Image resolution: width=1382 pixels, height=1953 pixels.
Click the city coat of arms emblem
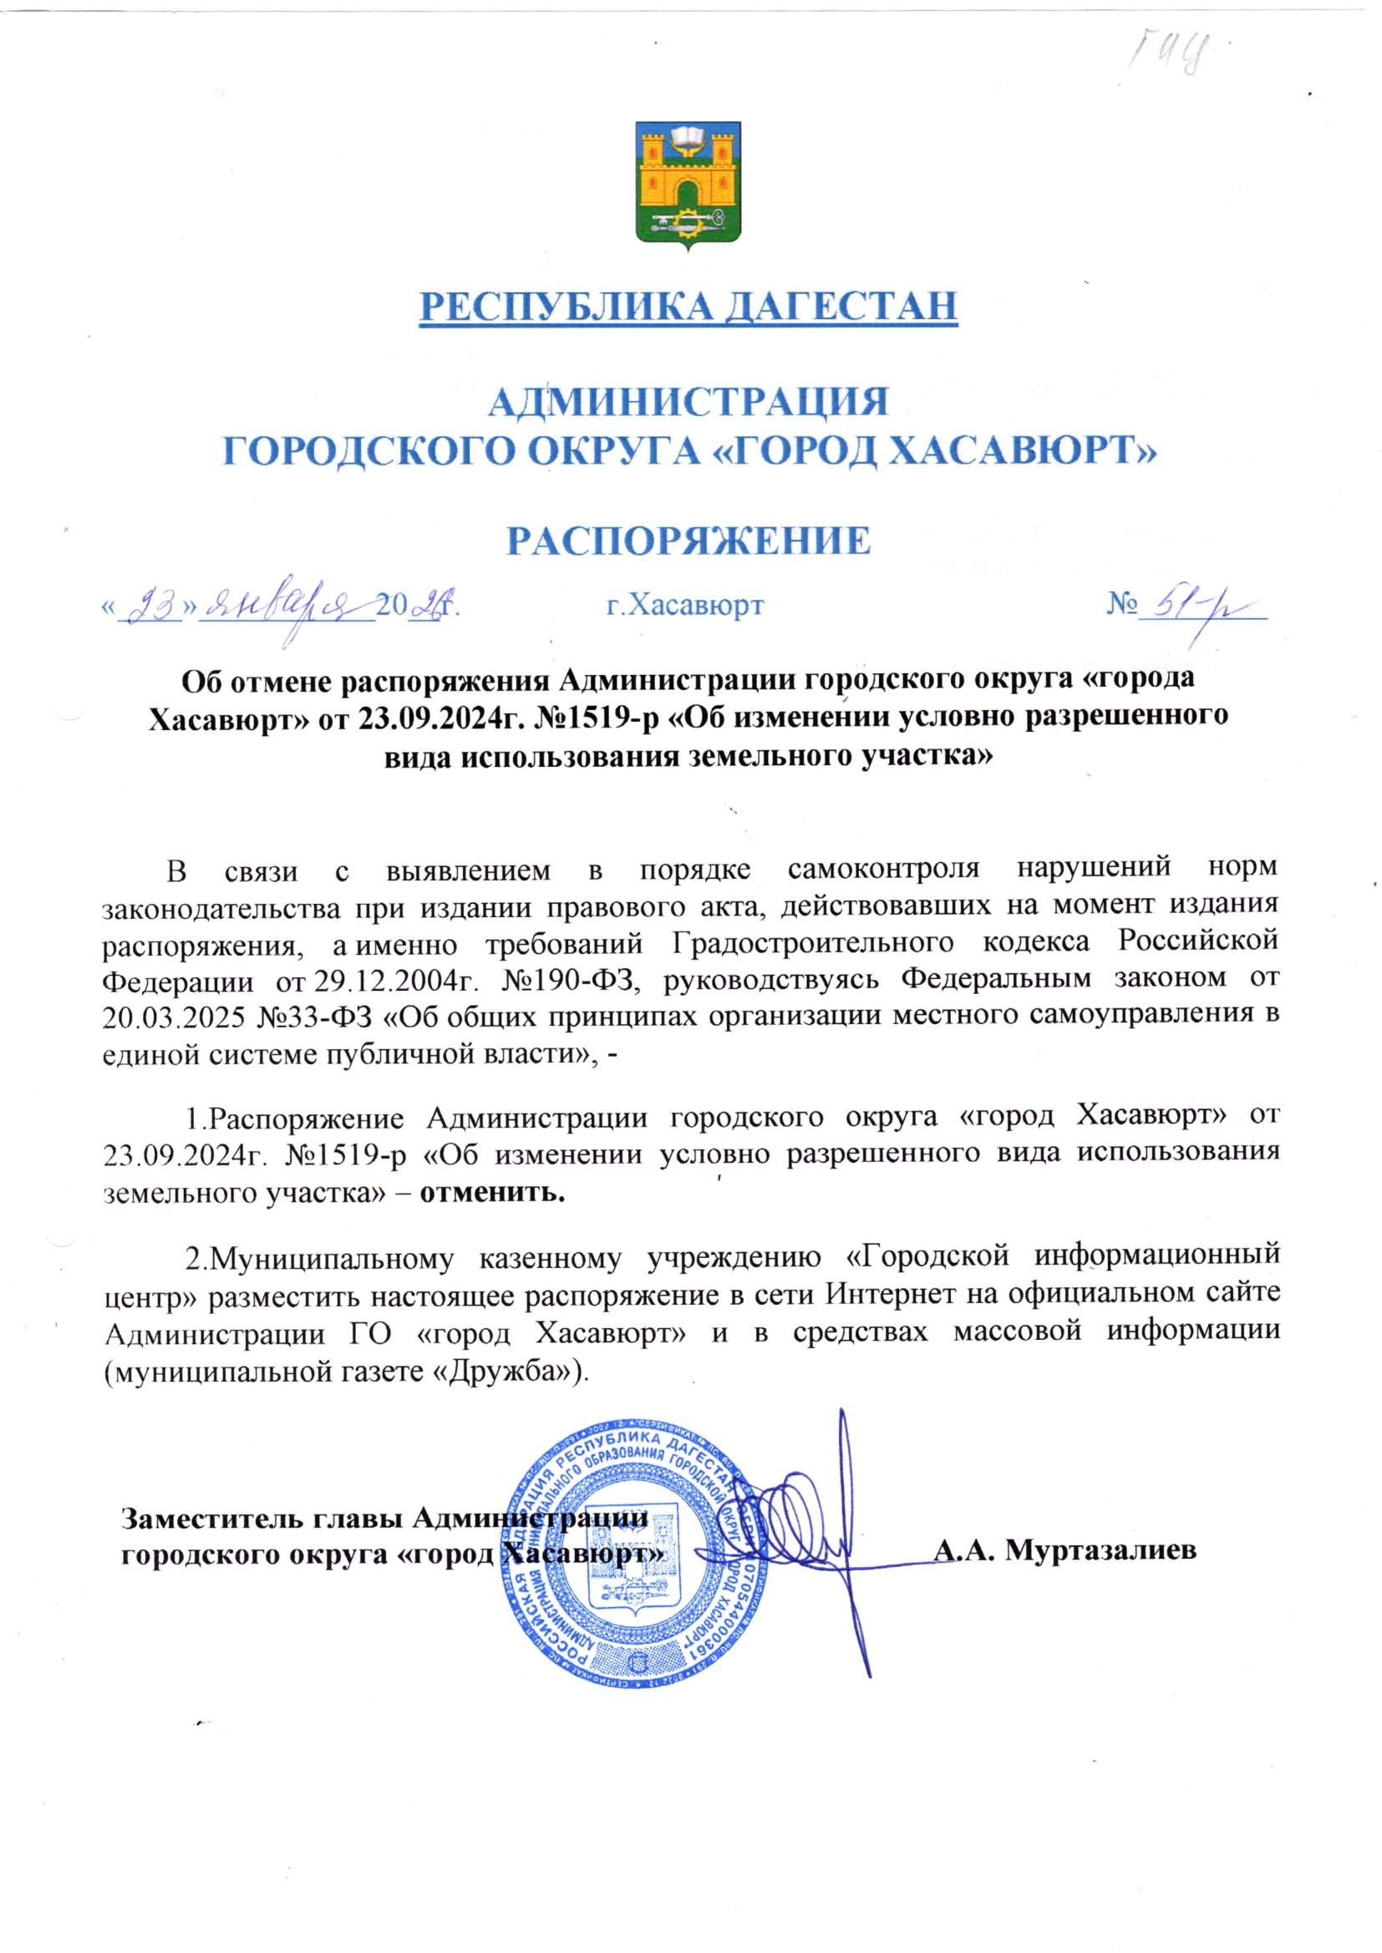click(x=690, y=186)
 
